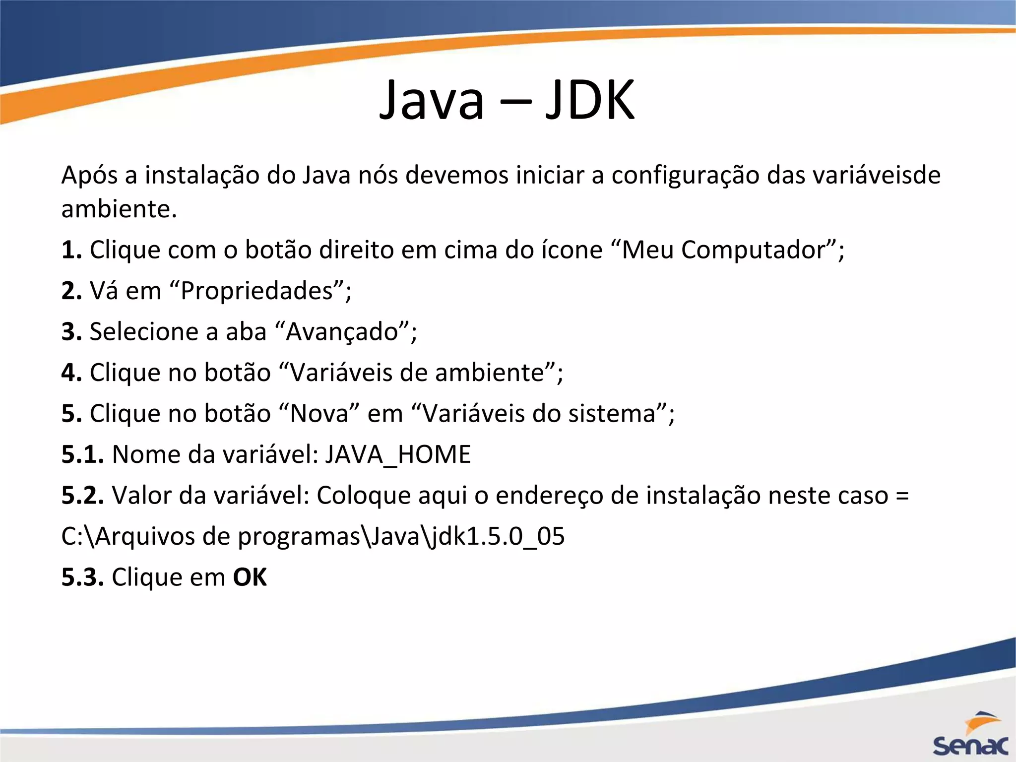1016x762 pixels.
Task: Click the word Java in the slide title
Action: click(x=431, y=101)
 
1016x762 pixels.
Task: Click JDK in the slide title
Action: click(x=590, y=101)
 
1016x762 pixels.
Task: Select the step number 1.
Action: click(x=71, y=250)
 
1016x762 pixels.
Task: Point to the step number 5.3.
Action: click(x=82, y=577)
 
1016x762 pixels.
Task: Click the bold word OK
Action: click(x=250, y=577)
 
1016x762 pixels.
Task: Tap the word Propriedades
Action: click(x=256, y=291)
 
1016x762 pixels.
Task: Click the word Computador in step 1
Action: click(x=752, y=250)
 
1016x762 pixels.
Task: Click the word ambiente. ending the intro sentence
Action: click(x=119, y=209)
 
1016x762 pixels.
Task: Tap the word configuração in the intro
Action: click(x=685, y=176)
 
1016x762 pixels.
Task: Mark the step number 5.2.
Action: click(x=82, y=495)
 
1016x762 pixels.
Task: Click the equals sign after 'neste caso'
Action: click(x=902, y=495)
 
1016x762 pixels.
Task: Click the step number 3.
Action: click(x=71, y=331)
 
